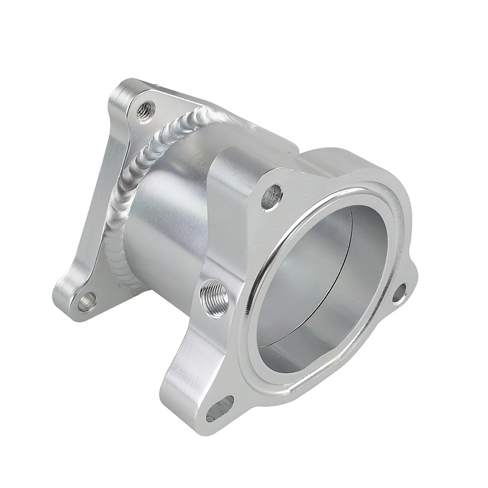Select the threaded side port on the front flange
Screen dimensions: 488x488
tap(215, 297)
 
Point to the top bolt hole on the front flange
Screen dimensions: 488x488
tap(272, 196)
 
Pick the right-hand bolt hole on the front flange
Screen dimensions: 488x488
tap(399, 293)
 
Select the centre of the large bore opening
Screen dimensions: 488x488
tap(322, 288)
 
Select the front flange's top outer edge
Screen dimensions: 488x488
tap(342, 156)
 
